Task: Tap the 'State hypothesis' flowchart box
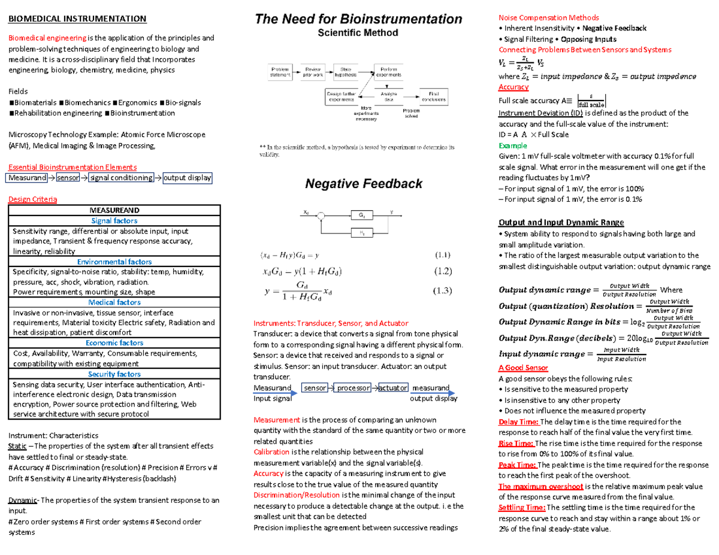(x=346, y=72)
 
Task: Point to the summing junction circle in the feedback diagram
(x=322, y=215)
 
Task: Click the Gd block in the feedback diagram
(x=361, y=215)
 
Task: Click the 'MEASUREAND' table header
(x=114, y=210)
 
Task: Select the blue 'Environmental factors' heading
(x=114, y=262)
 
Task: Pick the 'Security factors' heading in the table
(x=114, y=374)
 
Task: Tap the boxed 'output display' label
(x=188, y=178)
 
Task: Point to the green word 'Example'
(x=513, y=145)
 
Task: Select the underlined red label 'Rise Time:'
(x=516, y=444)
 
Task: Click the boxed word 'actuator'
(x=393, y=388)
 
